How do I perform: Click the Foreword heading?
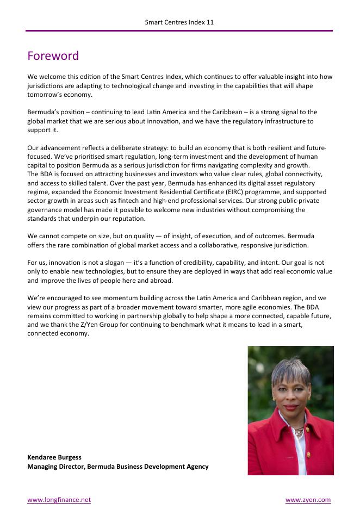click(53, 56)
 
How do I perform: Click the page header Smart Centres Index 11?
click(179, 22)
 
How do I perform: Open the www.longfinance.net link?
click(59, 500)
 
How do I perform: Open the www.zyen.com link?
click(308, 500)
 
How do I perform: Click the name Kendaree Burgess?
click(54, 457)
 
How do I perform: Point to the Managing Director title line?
click(117, 467)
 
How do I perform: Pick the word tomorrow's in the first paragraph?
click(47, 94)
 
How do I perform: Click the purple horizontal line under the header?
click(179, 31)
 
